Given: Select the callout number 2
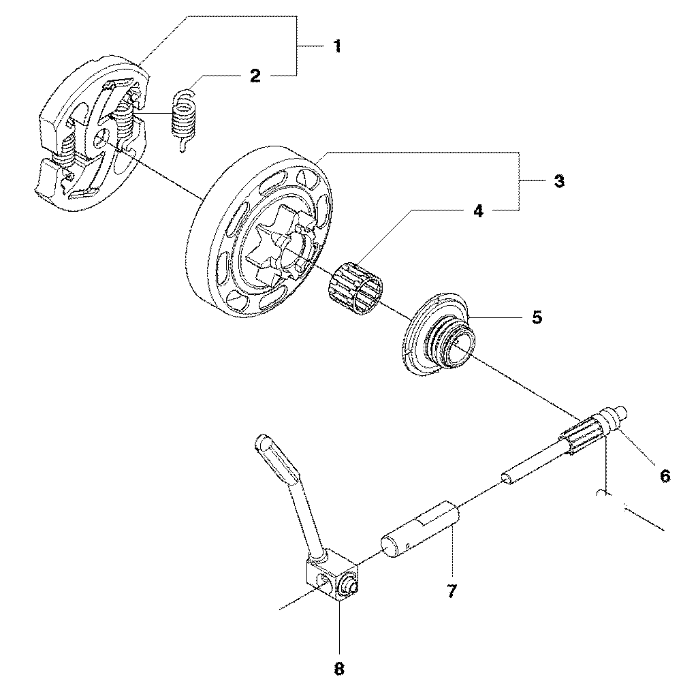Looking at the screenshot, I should [255, 76].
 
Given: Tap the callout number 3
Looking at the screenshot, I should [558, 182].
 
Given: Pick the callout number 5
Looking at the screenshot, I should [537, 317].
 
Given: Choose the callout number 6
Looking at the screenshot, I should [665, 476].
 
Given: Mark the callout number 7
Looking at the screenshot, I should [452, 590].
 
